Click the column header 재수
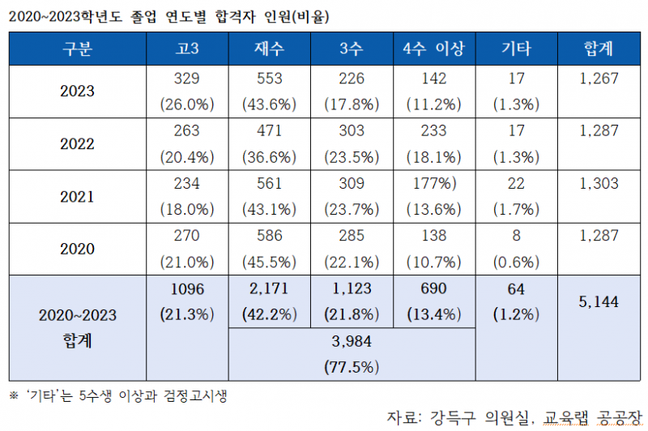[269, 49]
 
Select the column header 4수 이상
[433, 49]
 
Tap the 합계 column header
[599, 49]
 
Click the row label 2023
[77, 92]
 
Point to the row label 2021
[77, 196]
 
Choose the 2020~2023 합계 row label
[77, 327]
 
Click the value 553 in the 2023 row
[269, 79]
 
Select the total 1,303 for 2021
[599, 183]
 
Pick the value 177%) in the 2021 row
[433, 183]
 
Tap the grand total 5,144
[599, 301]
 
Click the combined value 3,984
[351, 342]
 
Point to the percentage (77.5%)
[351, 367]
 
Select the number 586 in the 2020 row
[269, 236]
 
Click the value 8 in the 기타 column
[516, 236]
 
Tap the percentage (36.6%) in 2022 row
[269, 156]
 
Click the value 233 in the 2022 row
[433, 131]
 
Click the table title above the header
[169, 15]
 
